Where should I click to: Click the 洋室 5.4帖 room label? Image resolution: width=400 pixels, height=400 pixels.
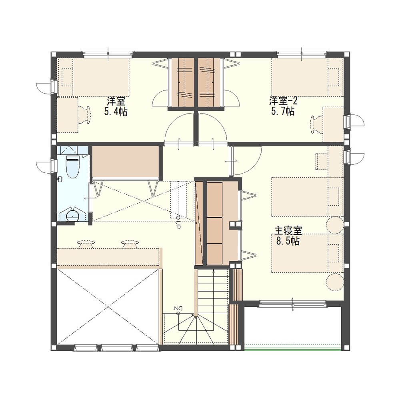coord(116,106)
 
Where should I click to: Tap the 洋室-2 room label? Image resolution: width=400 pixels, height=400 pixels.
coord(283,101)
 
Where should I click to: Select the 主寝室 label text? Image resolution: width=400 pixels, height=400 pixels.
coord(288,230)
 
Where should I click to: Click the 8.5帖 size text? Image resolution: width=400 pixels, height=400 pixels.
coord(288,241)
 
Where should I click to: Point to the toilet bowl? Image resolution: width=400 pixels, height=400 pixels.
coord(73,166)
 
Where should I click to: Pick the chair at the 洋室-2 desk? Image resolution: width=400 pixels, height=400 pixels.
coord(317,124)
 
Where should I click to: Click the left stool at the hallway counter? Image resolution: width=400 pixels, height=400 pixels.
coord(86,244)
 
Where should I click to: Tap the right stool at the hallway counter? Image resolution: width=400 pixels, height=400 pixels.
coord(130,244)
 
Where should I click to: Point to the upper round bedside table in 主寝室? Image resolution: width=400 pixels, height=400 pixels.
coord(335,225)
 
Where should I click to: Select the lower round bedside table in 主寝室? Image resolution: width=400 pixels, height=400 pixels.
coord(335,282)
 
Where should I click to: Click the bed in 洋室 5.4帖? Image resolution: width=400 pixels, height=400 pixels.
coord(93,77)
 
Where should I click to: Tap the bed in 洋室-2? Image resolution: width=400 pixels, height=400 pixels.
coord(307,77)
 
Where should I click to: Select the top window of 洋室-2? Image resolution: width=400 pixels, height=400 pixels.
coord(302,54)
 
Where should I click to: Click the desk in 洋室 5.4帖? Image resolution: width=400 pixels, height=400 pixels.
coord(67,114)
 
